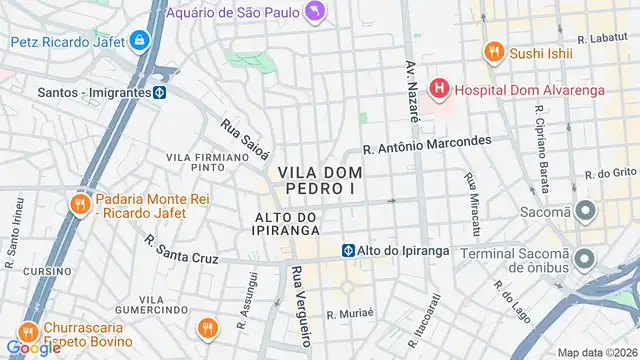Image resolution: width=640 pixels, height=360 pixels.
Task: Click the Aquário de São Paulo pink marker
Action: (x=316, y=12)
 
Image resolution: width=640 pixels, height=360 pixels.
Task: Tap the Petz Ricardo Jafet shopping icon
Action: (x=140, y=41)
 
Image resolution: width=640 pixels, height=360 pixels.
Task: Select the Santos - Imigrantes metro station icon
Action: (x=159, y=92)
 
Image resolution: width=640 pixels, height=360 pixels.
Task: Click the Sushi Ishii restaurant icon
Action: (x=492, y=52)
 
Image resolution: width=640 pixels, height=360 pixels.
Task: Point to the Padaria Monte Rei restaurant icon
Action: (x=78, y=205)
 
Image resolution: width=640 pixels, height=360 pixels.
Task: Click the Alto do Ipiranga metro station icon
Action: (x=348, y=250)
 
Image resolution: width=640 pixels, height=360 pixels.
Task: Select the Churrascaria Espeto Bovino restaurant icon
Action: (x=27, y=332)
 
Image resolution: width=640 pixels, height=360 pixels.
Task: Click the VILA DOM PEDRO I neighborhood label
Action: (x=320, y=180)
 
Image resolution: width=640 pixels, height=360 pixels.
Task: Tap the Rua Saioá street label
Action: (x=245, y=139)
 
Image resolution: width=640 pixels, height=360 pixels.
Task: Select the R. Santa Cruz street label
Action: (x=181, y=250)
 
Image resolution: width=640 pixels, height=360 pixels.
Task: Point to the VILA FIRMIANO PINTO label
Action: (x=207, y=162)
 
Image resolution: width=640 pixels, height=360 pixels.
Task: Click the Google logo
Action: (x=33, y=347)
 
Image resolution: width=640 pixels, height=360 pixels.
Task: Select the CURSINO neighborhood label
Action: (x=47, y=271)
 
